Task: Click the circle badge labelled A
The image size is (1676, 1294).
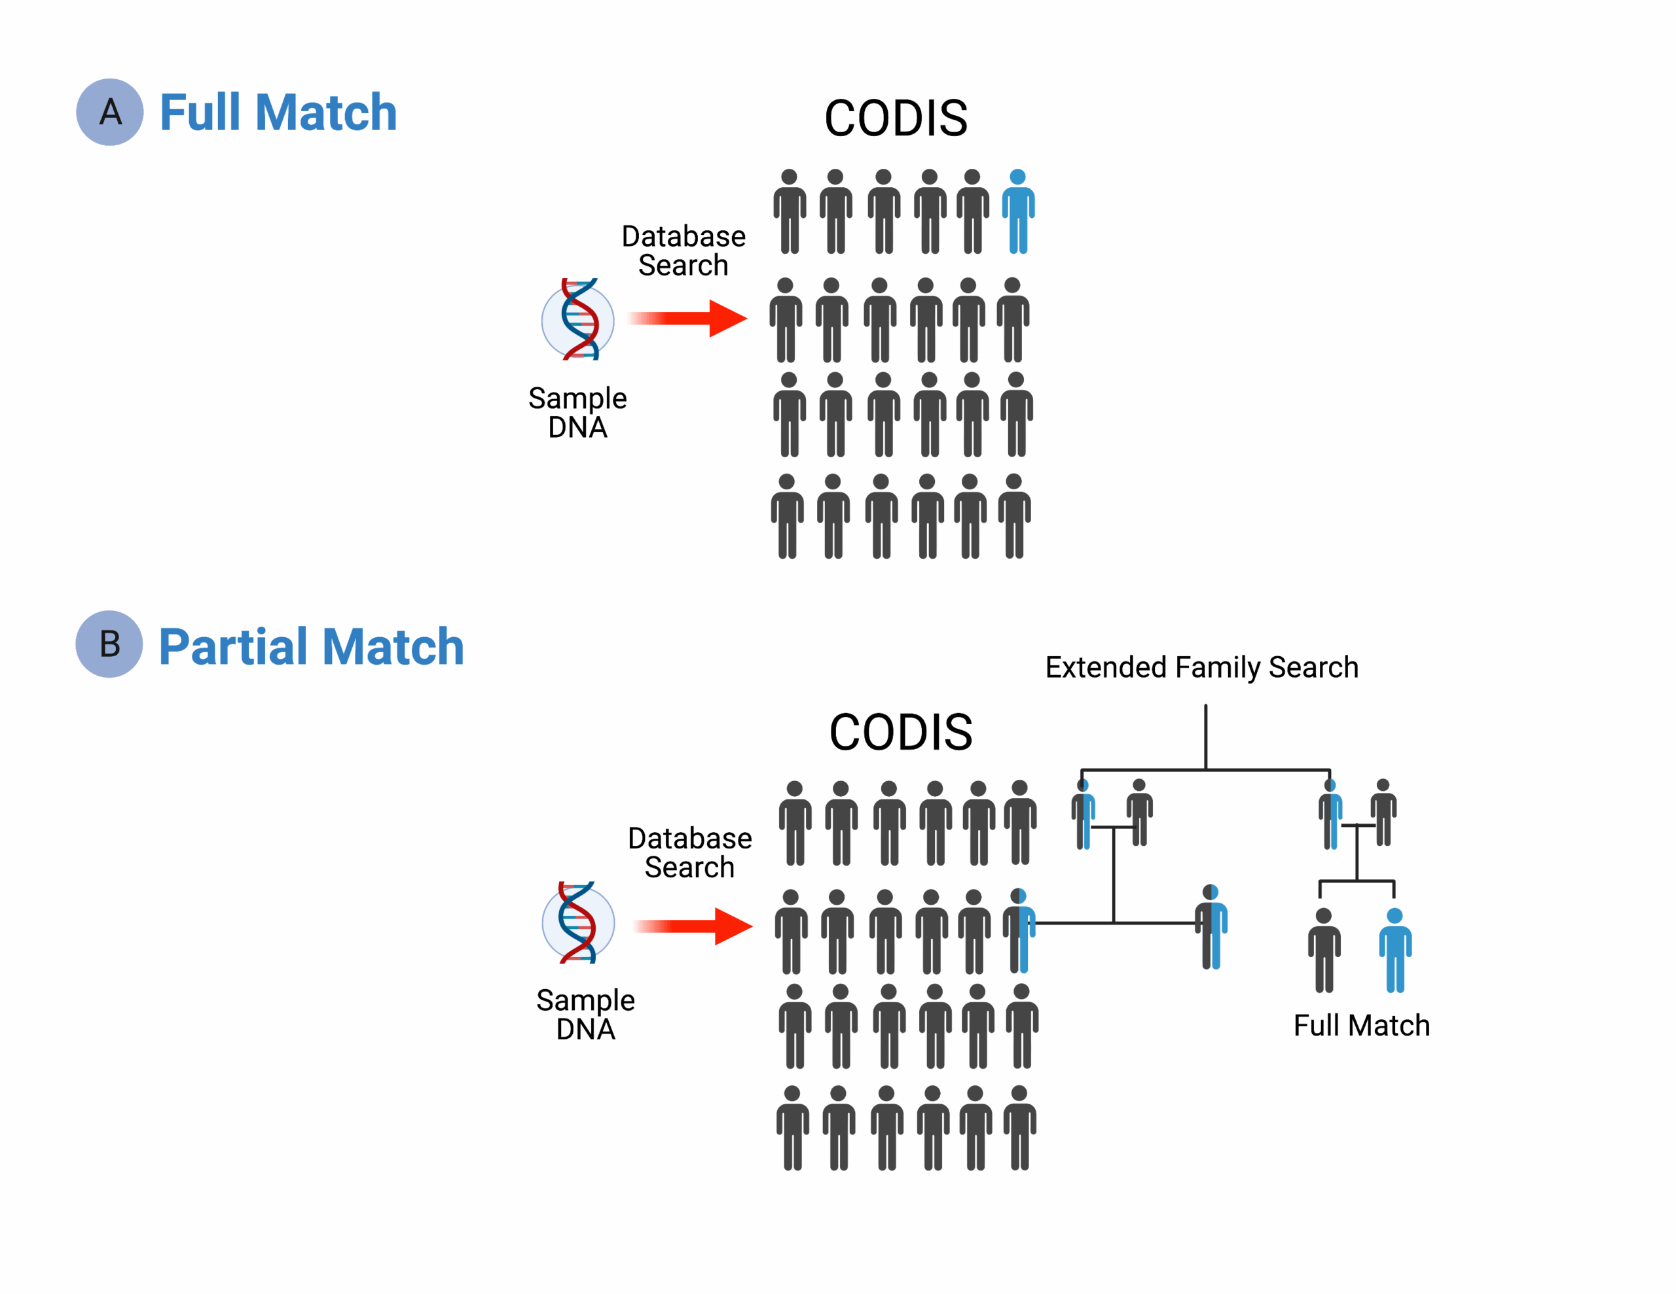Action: tap(110, 112)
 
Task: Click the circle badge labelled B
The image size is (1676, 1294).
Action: tap(109, 644)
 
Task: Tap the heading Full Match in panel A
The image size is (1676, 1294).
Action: tap(278, 113)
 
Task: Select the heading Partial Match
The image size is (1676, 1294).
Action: tap(311, 646)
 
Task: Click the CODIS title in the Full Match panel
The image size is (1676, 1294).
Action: tap(896, 119)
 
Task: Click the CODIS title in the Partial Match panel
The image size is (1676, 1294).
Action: tap(900, 733)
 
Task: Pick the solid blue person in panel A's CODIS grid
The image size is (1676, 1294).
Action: tap(1017, 212)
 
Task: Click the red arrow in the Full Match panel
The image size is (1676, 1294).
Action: tap(687, 319)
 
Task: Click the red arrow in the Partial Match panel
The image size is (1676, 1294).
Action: tap(693, 926)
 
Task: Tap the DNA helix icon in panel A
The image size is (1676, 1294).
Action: tap(578, 319)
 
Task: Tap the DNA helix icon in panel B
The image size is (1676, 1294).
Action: tap(578, 922)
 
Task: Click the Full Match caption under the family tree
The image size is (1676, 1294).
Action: tap(1361, 1026)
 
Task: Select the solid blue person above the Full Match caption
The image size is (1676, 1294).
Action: tap(1394, 951)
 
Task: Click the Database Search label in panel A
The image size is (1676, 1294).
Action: tap(683, 251)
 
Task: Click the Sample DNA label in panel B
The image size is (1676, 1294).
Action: tap(585, 1014)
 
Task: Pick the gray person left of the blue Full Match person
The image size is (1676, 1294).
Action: tap(1324, 951)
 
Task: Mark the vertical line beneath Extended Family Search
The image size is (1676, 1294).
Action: tap(1205, 737)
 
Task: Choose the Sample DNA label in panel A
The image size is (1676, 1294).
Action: tap(577, 412)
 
